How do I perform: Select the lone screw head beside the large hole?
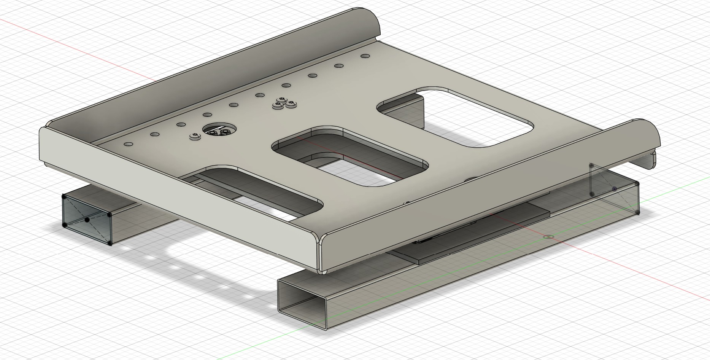coord(195,137)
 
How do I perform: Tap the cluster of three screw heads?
coord(284,104)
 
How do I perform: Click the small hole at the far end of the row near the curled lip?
coord(365,56)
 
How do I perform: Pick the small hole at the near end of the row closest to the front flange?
coord(128,144)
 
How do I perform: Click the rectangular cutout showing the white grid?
coord(456,116)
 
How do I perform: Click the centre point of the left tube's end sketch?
coord(87,220)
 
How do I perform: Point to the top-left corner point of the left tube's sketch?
coord(64,196)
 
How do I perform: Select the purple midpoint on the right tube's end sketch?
coord(615,188)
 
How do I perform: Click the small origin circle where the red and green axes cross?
coord(548,237)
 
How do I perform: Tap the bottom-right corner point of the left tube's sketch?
coord(110,243)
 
